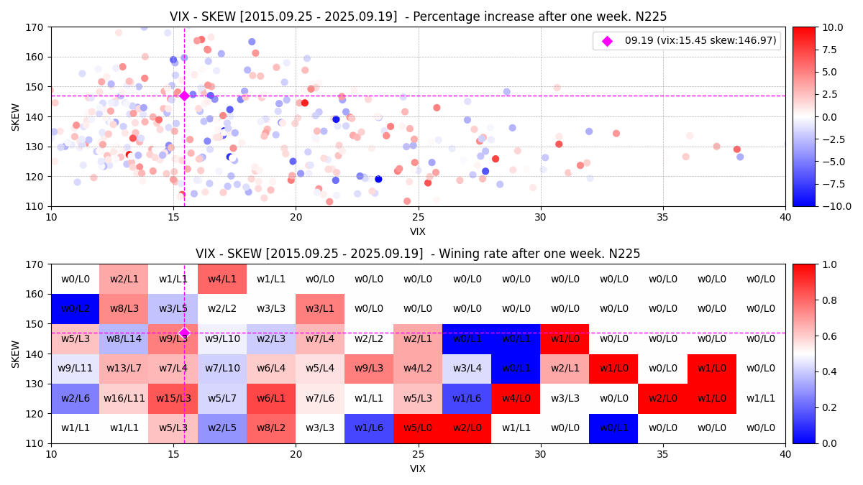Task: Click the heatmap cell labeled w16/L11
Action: pos(124,398)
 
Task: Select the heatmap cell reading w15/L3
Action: pos(173,398)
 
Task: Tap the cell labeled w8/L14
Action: pos(124,338)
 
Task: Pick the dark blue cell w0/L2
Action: pos(76,309)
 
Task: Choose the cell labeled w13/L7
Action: pos(124,369)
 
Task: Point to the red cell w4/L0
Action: pos(516,398)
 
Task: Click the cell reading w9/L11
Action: pos(76,369)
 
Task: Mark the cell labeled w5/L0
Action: pos(418,428)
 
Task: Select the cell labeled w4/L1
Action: pos(222,279)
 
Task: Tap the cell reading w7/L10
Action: pos(222,369)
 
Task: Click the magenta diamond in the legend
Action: pos(607,41)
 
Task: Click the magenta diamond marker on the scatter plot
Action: pos(184,96)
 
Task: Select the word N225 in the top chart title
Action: pos(651,17)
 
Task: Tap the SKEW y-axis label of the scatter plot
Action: pos(16,116)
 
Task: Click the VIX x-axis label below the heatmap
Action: pos(418,468)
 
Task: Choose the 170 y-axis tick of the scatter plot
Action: pos(35,27)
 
